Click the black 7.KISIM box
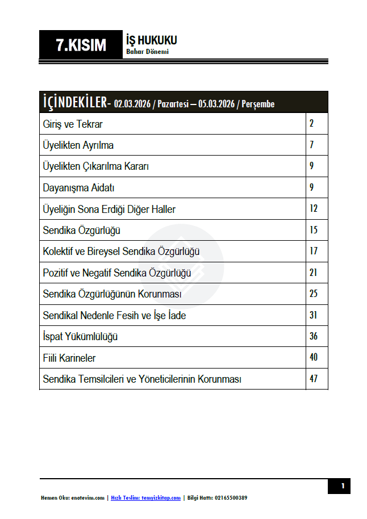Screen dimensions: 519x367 pyautogui.click(x=81, y=45)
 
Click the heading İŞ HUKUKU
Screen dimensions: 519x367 pyautogui.click(x=151, y=40)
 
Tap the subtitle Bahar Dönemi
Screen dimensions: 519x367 pyautogui.click(x=147, y=52)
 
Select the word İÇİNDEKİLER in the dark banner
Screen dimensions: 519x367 pyautogui.click(x=74, y=103)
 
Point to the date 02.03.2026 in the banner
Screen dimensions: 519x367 pyautogui.click(x=132, y=104)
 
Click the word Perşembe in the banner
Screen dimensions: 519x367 pyautogui.click(x=258, y=104)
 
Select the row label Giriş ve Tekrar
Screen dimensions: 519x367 pyautogui.click(x=73, y=124)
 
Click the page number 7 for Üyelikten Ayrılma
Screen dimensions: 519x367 pyautogui.click(x=312, y=145)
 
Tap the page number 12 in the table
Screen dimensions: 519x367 pyautogui.click(x=314, y=209)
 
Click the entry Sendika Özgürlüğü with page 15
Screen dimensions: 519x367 pyautogui.click(x=81, y=230)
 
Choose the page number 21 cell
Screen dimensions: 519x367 pyautogui.click(x=314, y=273)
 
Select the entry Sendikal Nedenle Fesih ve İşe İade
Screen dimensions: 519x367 pyautogui.click(x=114, y=315)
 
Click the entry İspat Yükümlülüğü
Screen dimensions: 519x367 pyautogui.click(x=80, y=337)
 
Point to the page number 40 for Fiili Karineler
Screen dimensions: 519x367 pyautogui.click(x=314, y=358)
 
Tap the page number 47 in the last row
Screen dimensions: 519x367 pyautogui.click(x=314, y=379)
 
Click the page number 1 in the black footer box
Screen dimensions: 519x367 pyautogui.click(x=343, y=486)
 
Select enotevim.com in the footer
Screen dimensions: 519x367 pyautogui.click(x=88, y=498)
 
